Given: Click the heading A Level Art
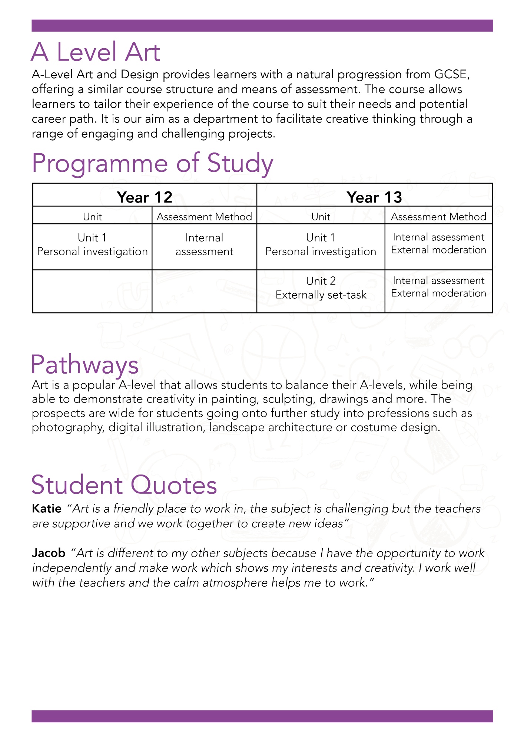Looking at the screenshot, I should [x=96, y=52].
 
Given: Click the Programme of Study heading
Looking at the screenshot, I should [x=152, y=163].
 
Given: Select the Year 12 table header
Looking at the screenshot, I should [x=145, y=197].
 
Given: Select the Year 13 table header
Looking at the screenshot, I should [x=374, y=197].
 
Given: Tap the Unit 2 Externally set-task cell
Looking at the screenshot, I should [x=321, y=288].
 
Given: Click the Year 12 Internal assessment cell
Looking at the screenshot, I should [x=204, y=244].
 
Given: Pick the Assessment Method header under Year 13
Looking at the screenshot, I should [x=438, y=217].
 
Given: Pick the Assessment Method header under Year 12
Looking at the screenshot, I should [x=204, y=217].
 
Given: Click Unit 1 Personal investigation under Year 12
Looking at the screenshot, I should [x=92, y=244].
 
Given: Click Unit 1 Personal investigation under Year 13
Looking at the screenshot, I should [x=321, y=244].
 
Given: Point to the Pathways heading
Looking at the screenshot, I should [x=85, y=365].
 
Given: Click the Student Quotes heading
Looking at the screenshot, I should [x=124, y=485].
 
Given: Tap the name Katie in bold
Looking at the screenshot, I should [x=47, y=508].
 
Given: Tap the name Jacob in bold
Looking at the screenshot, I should [x=49, y=553].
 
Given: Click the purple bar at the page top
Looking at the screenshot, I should [x=262, y=26].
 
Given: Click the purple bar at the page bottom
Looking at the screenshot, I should [x=262, y=716].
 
